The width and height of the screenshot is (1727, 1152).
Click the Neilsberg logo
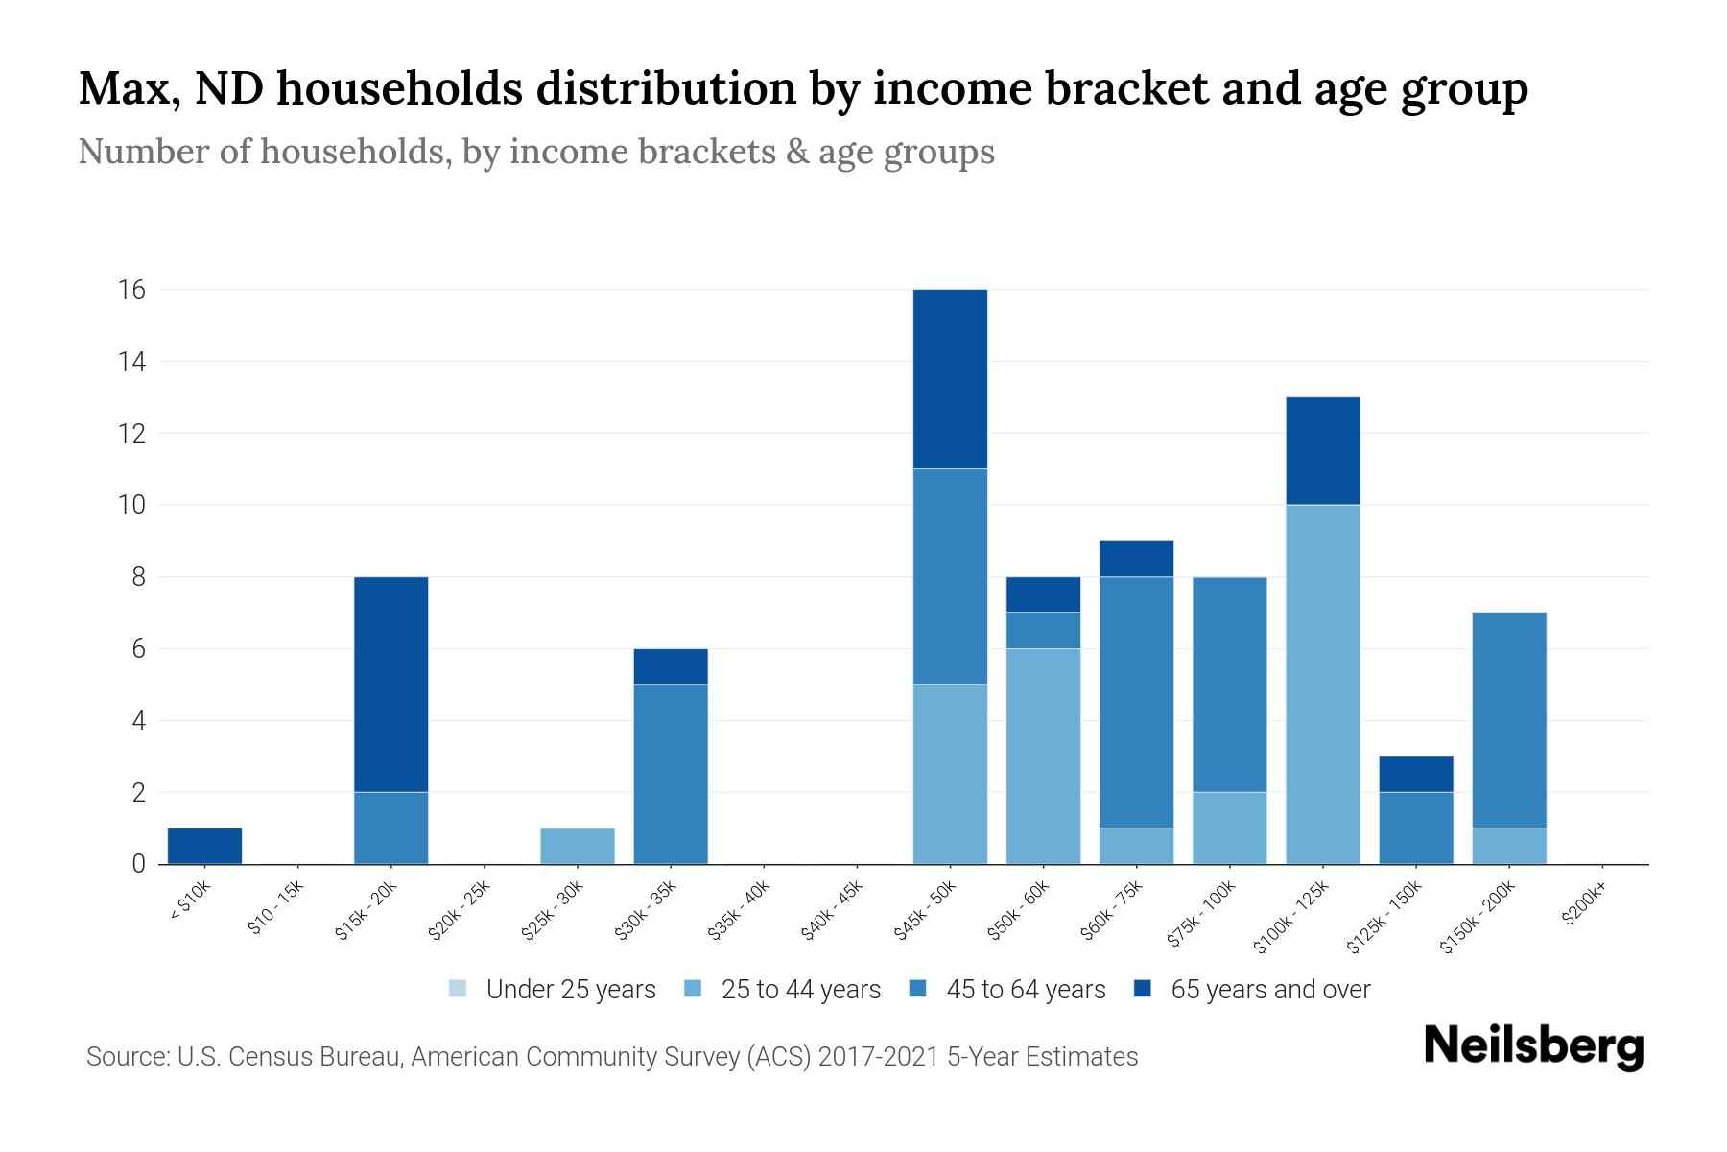(x=1533, y=1045)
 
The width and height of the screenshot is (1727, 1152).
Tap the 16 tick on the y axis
(x=131, y=290)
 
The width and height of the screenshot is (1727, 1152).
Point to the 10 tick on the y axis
(x=131, y=505)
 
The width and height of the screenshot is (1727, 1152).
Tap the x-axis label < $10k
(x=190, y=903)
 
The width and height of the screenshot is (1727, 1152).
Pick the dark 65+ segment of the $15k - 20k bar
(x=390, y=684)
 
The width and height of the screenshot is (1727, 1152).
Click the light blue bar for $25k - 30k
(x=578, y=846)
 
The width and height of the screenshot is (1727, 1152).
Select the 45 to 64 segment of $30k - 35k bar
(x=671, y=774)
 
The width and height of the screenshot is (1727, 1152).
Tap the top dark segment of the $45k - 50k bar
(x=950, y=379)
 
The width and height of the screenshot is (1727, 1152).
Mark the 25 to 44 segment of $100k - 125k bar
(x=1323, y=684)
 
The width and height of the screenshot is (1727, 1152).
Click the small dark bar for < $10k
(x=204, y=846)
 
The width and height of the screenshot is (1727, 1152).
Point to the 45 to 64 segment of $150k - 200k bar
(x=1509, y=720)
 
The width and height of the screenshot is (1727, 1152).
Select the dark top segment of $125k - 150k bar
(x=1416, y=774)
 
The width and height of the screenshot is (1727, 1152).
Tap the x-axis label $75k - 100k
(x=1202, y=916)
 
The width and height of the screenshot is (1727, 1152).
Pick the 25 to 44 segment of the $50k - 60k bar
(x=1043, y=756)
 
